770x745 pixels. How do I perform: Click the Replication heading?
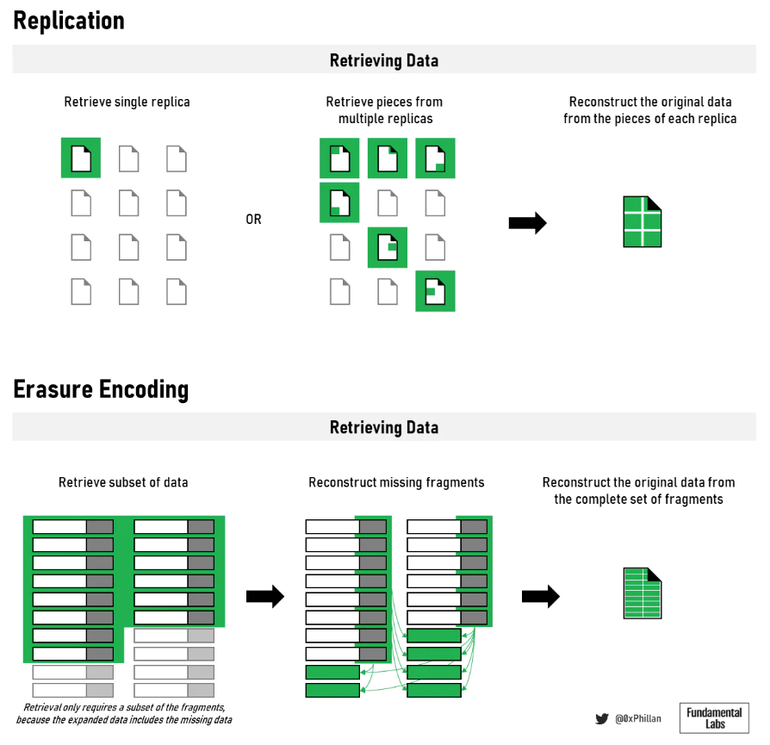click(x=69, y=21)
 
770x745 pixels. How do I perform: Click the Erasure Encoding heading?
click(x=101, y=389)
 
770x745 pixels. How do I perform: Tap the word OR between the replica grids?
click(x=253, y=220)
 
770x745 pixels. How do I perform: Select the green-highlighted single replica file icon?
click(x=81, y=158)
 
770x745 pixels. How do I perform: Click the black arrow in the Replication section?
click(x=527, y=223)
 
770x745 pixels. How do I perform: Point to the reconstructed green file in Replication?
click(x=643, y=222)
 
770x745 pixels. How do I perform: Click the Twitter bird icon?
click(x=602, y=718)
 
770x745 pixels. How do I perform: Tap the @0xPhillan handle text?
click(x=638, y=718)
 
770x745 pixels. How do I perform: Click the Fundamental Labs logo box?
click(x=714, y=717)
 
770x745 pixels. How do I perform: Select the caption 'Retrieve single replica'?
click(x=127, y=102)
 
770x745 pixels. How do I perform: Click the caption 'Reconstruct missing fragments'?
click(x=396, y=482)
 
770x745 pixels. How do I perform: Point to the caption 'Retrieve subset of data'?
click(x=123, y=482)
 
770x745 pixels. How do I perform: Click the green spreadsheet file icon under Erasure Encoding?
click(x=643, y=593)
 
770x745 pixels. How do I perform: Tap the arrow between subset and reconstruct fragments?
click(x=265, y=596)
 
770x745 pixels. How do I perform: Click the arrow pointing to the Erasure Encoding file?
click(x=540, y=596)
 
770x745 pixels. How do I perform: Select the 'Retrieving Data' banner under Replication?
click(x=384, y=60)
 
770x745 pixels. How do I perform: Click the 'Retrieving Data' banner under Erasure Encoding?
click(x=384, y=427)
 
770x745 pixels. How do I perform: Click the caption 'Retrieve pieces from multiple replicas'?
click(x=384, y=109)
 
